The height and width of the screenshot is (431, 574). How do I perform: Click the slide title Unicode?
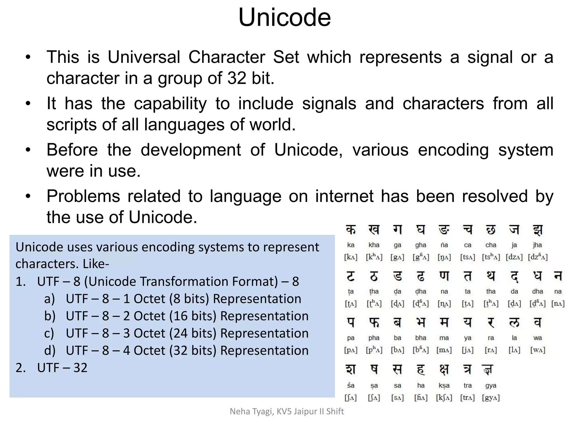coord(284,17)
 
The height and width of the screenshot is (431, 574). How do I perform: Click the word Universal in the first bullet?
coord(144,57)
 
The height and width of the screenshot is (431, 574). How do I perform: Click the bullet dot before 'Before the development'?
coord(28,150)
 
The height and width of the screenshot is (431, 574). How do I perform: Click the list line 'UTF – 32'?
coord(62,368)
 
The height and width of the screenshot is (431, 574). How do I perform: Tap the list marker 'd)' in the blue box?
coord(50,350)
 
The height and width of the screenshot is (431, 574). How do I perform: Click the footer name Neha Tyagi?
coord(251,411)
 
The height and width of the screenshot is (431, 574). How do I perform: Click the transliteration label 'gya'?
coord(491,386)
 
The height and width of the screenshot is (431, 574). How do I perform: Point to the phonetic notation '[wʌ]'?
coord(538,350)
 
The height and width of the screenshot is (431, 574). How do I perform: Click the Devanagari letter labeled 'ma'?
coord(444,323)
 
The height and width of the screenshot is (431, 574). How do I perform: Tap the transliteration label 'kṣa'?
coord(444,386)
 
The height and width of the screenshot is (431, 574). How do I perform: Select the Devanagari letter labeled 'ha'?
coord(421,369)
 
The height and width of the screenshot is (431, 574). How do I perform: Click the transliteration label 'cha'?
coord(491,245)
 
